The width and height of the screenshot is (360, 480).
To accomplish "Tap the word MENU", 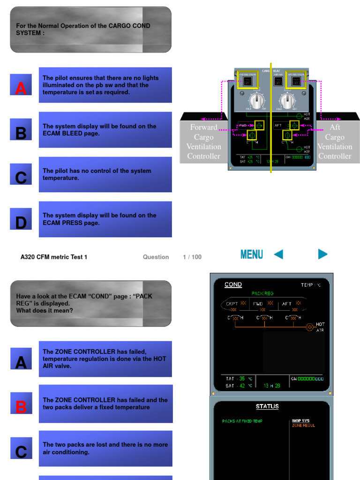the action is (251, 255).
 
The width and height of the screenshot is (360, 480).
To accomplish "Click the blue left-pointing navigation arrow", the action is (278, 255).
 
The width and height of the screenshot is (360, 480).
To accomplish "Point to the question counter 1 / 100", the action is (192, 257).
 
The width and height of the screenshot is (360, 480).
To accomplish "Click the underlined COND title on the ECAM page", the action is (233, 285).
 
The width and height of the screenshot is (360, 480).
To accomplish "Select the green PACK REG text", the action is (262, 293).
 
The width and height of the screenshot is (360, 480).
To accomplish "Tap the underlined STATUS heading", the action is (267, 406).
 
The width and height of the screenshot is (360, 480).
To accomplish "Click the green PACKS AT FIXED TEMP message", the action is (242, 421).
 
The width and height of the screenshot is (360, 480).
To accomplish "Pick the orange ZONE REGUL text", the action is (303, 426).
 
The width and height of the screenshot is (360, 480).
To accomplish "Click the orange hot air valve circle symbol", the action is (309, 327).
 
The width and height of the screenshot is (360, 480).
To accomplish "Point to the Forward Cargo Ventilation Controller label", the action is (203, 142).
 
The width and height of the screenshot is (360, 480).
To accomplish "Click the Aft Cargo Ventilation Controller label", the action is (335, 142).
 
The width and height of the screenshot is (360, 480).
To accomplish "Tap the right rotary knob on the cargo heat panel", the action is (286, 100).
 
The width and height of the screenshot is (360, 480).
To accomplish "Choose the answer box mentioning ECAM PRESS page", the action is (105, 219).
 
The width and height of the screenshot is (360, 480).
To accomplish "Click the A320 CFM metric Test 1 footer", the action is (54, 257).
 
